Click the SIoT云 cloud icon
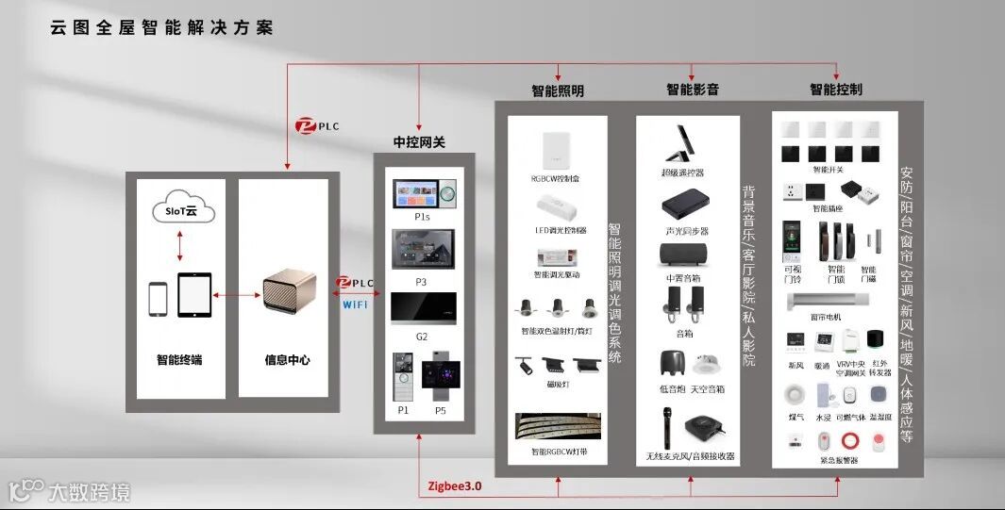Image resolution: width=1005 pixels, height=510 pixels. [x=182, y=211]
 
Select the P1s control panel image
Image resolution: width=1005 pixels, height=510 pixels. [x=425, y=193]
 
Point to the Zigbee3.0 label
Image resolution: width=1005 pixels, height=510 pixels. [x=454, y=486]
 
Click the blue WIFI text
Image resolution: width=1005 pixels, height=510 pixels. [x=355, y=304]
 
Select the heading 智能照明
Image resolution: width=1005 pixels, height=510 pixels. [x=557, y=91]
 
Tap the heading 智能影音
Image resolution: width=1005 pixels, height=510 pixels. [x=693, y=90]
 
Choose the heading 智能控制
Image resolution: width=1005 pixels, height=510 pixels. [x=835, y=90]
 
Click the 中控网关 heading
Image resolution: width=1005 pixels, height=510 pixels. [x=419, y=142]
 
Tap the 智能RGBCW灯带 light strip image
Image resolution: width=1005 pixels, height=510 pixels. [x=557, y=427]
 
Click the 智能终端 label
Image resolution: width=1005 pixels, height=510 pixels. [x=179, y=359]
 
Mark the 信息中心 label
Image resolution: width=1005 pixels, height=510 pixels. [x=286, y=360]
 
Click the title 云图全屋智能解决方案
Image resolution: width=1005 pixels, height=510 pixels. [x=161, y=28]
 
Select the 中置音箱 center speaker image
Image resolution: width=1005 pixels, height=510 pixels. [x=684, y=253]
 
